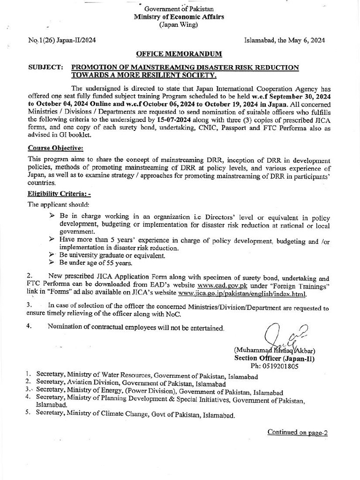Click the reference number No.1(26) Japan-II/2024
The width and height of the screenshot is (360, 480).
[x=62, y=41]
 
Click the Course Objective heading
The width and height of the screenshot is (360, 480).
[x=55, y=148]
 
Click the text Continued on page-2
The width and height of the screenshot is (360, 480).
[x=297, y=432]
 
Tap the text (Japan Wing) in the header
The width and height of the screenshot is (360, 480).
[x=179, y=25]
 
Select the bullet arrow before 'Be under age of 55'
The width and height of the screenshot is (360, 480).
[x=52, y=263]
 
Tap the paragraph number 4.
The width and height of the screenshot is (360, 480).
[x=30, y=326]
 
